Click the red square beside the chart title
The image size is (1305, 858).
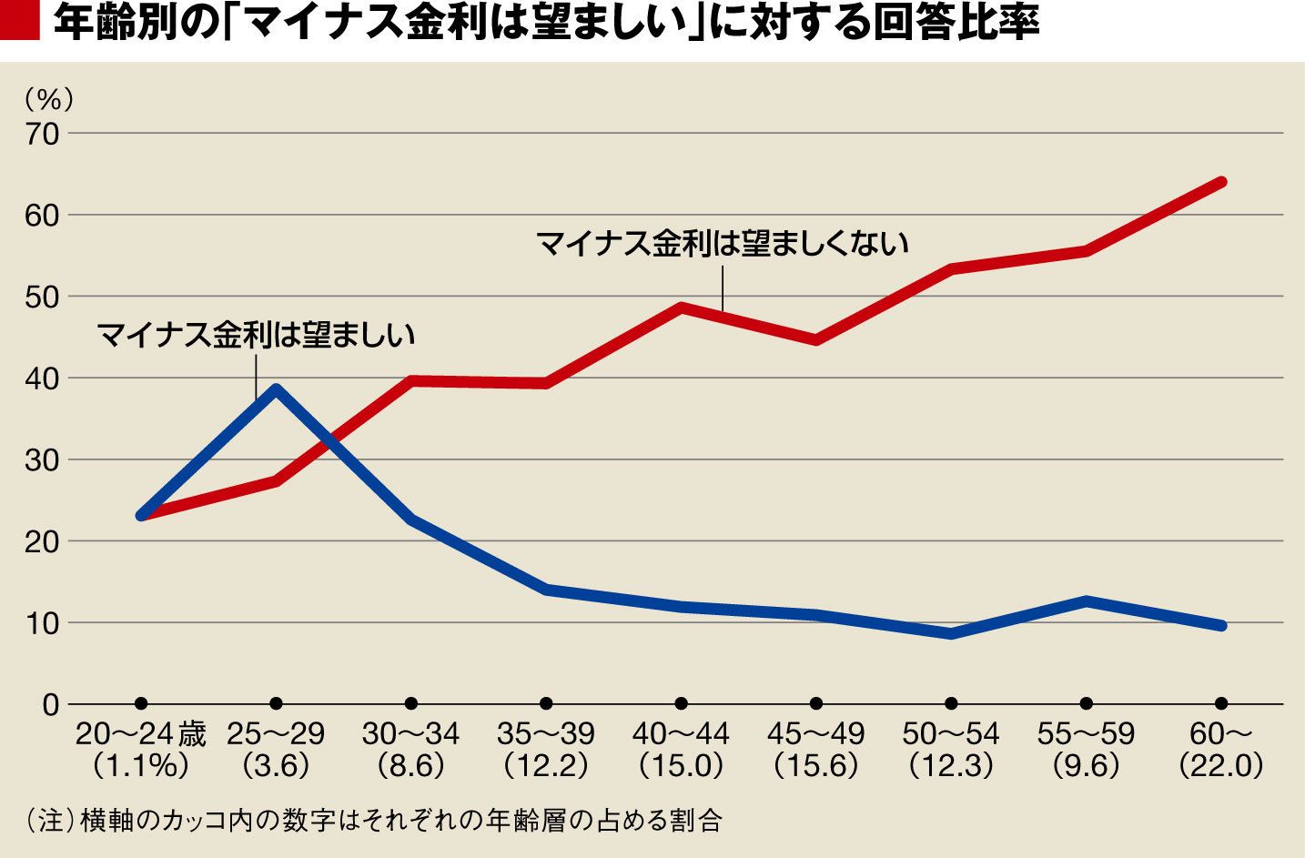click(x=20, y=24)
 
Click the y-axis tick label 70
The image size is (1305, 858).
click(x=42, y=134)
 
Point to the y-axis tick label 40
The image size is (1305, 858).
click(x=42, y=378)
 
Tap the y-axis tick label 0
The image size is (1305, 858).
click(x=50, y=704)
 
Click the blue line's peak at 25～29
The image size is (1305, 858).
click(x=276, y=389)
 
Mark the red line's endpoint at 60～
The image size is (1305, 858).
click(x=1221, y=182)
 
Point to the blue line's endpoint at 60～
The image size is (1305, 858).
click(x=1221, y=626)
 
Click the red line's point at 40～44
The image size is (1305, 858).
click(x=682, y=307)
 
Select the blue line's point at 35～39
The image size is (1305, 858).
click(x=546, y=590)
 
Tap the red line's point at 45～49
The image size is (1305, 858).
click(x=816, y=340)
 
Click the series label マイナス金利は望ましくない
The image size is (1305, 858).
click(x=723, y=244)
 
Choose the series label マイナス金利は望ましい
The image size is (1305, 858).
click(x=256, y=335)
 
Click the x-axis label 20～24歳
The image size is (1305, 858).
click(x=141, y=733)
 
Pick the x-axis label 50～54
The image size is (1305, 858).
click(x=951, y=733)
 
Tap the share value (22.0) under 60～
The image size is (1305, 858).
click(x=1221, y=766)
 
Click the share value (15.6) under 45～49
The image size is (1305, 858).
click(x=816, y=766)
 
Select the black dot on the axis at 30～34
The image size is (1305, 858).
click(x=411, y=703)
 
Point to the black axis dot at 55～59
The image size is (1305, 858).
click(x=1086, y=703)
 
